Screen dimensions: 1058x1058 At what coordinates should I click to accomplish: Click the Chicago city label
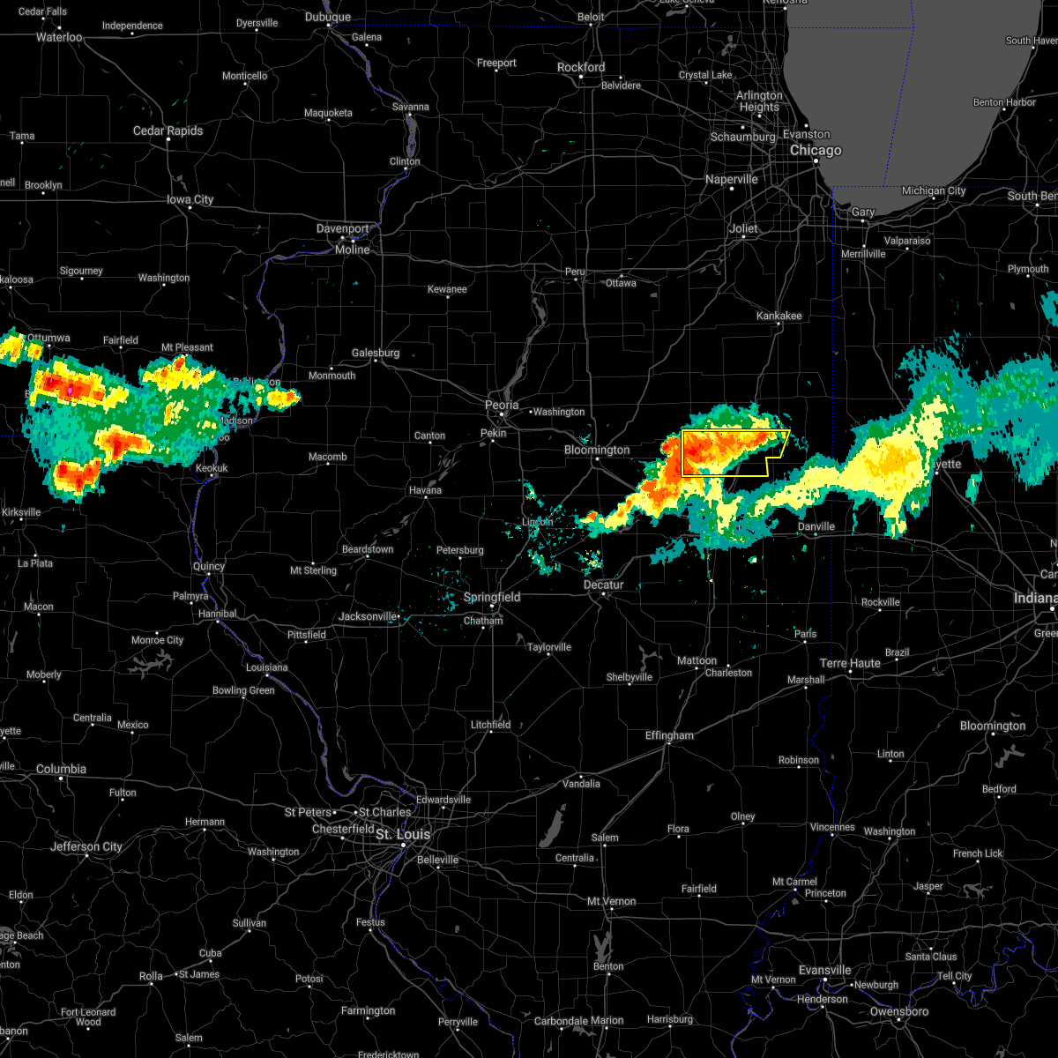[x=816, y=151]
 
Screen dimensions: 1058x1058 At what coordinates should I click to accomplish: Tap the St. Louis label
[x=403, y=834]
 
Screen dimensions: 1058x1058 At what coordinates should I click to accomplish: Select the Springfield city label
[x=492, y=598]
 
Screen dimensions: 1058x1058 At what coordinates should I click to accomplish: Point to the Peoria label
[x=502, y=406]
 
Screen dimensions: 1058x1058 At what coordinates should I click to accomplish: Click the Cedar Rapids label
[x=168, y=131]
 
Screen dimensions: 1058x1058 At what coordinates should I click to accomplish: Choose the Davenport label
[x=343, y=229]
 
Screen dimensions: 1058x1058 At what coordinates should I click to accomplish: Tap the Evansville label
[x=825, y=971]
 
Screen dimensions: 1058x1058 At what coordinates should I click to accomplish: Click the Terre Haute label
[x=850, y=663]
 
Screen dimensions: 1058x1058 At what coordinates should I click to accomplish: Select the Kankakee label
[x=779, y=316]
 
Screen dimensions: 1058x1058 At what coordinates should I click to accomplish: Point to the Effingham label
[x=669, y=735]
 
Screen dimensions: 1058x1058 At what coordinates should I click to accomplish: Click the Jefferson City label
[x=86, y=847]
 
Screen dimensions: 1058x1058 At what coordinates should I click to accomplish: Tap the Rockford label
[x=581, y=67]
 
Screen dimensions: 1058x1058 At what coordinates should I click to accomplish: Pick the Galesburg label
[x=376, y=354]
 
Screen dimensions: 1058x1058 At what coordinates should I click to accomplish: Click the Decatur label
[x=603, y=585]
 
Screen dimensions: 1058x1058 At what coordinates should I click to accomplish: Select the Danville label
[x=816, y=527]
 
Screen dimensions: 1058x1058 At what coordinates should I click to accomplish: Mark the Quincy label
[x=209, y=566]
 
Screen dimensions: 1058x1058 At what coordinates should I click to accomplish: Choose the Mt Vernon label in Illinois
[x=612, y=901]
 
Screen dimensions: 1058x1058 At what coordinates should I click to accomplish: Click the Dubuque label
[x=327, y=18]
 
